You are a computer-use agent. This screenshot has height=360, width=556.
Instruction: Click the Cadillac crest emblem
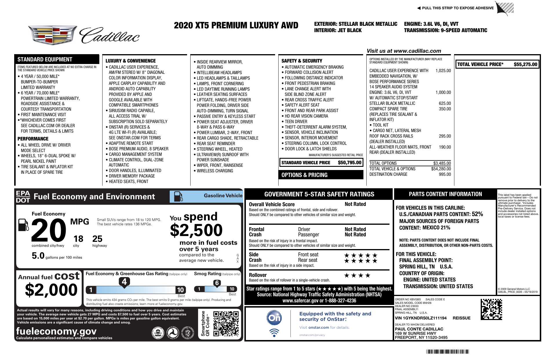pyautogui.click(x=52, y=35)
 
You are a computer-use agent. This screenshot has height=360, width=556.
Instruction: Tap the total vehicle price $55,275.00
pyautogui.click(x=525, y=64)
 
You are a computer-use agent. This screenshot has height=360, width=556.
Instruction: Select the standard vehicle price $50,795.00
pyautogui.click(x=350, y=163)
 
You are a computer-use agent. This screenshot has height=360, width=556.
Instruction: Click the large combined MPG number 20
pyautogui.click(x=48, y=231)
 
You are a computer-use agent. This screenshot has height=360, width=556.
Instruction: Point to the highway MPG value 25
pyautogui.click(x=97, y=239)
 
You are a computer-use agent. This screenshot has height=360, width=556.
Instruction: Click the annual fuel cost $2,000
pyautogui.click(x=51, y=290)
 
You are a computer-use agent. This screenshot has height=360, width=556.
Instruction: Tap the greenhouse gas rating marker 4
pyautogui.click(x=124, y=282)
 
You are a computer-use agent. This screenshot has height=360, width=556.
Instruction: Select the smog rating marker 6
pyautogui.click(x=217, y=283)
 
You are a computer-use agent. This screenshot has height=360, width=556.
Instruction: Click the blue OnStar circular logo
pyautogui.click(x=274, y=318)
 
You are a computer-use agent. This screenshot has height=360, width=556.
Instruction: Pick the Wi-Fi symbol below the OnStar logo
pyautogui.click(x=274, y=332)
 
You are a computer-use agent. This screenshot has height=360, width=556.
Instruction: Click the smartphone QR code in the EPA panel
pyautogui.click(x=226, y=324)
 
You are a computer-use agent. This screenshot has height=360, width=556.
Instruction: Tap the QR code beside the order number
pyautogui.click(x=491, y=309)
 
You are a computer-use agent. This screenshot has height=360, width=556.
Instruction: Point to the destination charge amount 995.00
pyautogui.click(x=445, y=174)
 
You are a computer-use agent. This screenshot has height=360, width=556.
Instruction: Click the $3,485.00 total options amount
pyautogui.click(x=442, y=163)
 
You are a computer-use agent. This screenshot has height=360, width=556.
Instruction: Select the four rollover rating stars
pyautogui.click(x=357, y=275)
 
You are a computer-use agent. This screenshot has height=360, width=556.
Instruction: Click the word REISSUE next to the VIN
pyautogui.click(x=462, y=318)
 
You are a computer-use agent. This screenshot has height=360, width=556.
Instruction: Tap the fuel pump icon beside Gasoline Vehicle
pyautogui.click(x=178, y=197)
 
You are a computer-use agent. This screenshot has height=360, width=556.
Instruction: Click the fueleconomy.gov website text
pyautogui.click(x=56, y=331)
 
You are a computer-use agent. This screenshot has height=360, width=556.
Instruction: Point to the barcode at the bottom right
pyautogui.click(x=447, y=352)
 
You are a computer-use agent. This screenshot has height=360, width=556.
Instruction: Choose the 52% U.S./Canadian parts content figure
pyautogui.click(x=477, y=214)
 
